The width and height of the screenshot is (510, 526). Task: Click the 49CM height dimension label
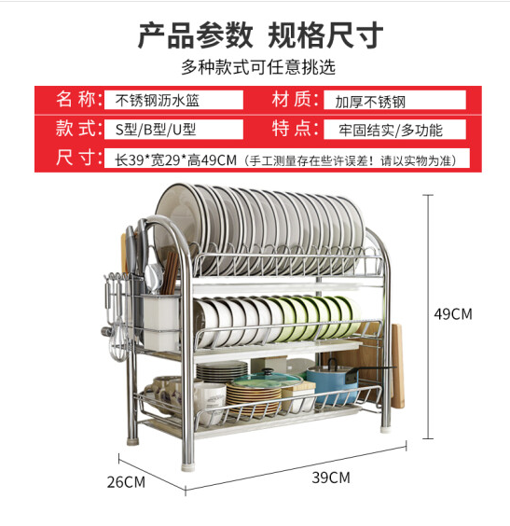click(453, 314)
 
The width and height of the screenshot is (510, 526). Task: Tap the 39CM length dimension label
click(331, 478)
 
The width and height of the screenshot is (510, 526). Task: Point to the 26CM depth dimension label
click(126, 482)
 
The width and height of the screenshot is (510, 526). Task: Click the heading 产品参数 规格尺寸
click(260, 35)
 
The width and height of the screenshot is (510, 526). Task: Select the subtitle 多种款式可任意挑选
click(258, 67)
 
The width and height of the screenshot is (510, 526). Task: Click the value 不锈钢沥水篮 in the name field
click(157, 101)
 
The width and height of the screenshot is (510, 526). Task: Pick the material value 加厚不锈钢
click(370, 102)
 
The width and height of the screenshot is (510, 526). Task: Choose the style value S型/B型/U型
click(156, 130)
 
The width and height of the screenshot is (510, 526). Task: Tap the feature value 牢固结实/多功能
click(391, 131)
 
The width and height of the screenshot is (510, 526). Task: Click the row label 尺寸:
click(79, 158)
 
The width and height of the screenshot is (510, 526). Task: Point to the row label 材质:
click(295, 100)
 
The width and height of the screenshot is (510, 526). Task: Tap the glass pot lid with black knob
click(267, 381)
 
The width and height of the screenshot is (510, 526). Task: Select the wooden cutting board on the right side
click(398, 366)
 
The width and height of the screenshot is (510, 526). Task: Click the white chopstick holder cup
click(160, 322)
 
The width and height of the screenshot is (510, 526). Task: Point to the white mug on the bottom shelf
click(209, 402)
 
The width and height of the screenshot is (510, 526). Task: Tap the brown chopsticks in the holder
click(170, 273)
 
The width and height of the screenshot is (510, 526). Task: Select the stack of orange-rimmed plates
click(254, 399)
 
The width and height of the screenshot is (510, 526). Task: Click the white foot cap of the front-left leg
click(188, 466)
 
